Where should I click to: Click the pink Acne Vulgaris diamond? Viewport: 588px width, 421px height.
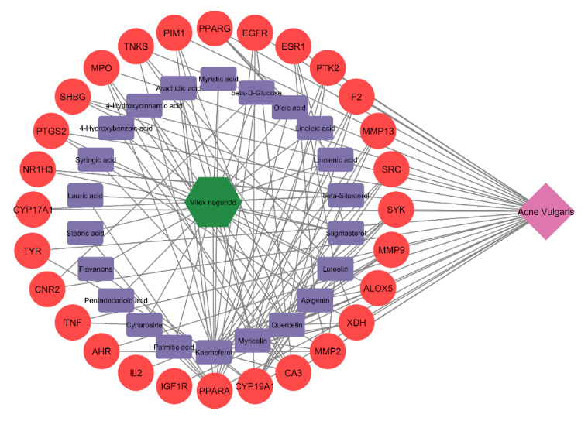pyautogui.click(x=547, y=211)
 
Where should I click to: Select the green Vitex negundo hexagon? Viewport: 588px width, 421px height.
pyautogui.click(x=215, y=202)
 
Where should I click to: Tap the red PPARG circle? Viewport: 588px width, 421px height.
pyautogui.click(x=215, y=29)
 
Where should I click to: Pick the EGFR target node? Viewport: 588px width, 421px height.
pyautogui.click(x=255, y=33)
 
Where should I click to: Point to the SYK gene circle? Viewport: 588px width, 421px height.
pyautogui.click(x=396, y=210)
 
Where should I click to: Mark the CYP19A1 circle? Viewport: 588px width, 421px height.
pyautogui.click(x=254, y=386)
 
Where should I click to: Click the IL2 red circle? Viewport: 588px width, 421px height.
pyautogui.click(x=136, y=374)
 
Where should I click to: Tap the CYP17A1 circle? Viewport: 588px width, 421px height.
pyautogui.click(x=33, y=210)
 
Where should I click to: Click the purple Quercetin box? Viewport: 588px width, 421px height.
pyautogui.click(x=287, y=326)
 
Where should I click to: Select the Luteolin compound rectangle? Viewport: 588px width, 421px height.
pyautogui.click(x=335, y=269)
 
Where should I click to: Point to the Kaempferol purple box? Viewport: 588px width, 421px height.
pyautogui.click(x=214, y=352)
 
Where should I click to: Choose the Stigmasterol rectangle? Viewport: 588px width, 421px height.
pyautogui.click(x=346, y=231)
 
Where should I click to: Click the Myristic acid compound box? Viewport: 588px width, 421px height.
pyautogui.click(x=218, y=79)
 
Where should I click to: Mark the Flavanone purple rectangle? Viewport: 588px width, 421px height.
pyautogui.click(x=96, y=269)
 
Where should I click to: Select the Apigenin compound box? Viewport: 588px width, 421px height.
pyautogui.click(x=315, y=299)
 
